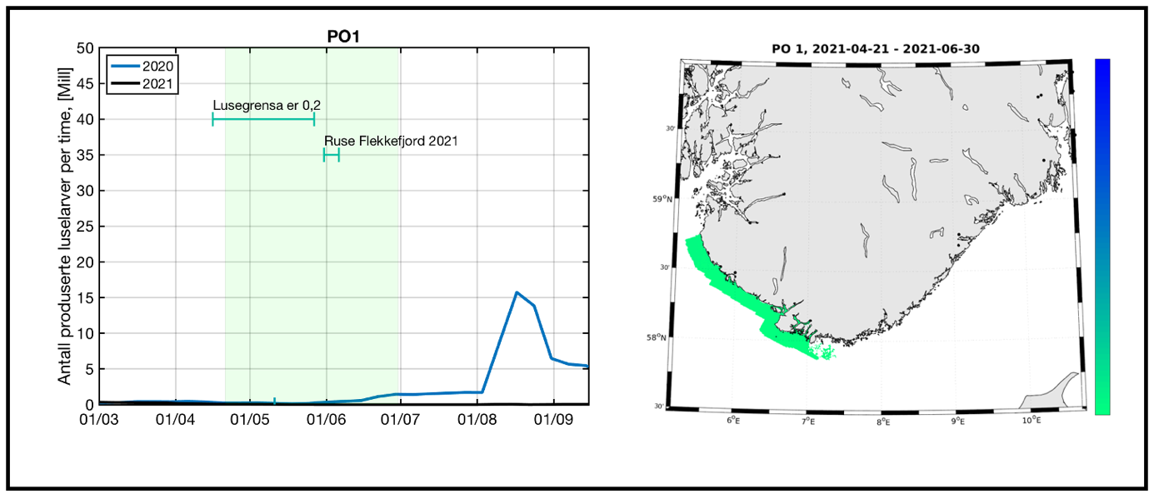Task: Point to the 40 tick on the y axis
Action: pyautogui.click(x=83, y=120)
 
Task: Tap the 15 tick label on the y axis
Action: pyautogui.click(x=83, y=298)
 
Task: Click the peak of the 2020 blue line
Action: pyautogui.click(x=517, y=292)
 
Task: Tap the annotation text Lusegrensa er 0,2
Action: pyautogui.click(x=267, y=106)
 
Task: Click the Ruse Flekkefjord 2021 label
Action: pyautogui.click(x=391, y=141)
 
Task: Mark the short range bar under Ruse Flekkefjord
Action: pyautogui.click(x=332, y=155)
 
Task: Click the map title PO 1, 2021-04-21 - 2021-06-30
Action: pyautogui.click(x=874, y=48)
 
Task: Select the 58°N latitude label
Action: pyautogui.click(x=659, y=337)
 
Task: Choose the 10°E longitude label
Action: pyautogui.click(x=1031, y=421)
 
